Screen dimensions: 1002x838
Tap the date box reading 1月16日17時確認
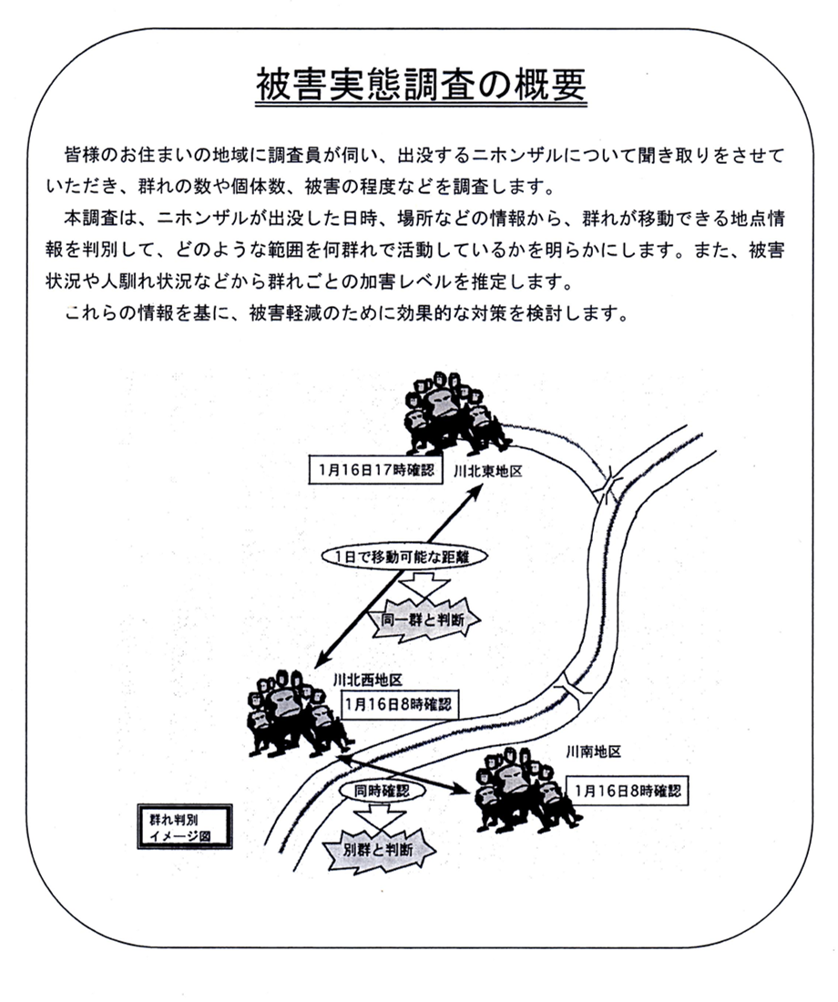tap(373, 470)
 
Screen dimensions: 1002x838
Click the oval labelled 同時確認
tap(376, 792)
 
